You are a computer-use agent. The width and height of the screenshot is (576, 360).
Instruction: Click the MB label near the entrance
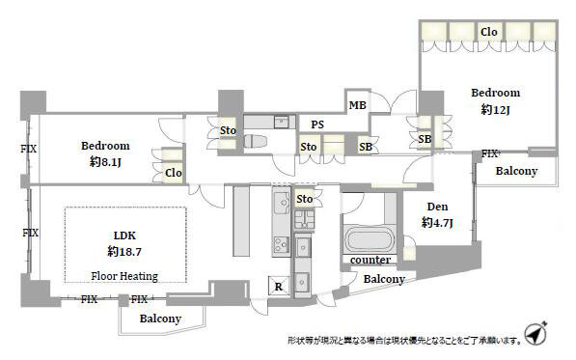pos(357,105)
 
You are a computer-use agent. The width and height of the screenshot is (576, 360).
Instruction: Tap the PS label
pos(317,125)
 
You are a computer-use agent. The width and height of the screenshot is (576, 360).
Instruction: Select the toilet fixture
pos(255,141)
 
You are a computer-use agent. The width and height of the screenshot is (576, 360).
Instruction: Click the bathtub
pos(369,240)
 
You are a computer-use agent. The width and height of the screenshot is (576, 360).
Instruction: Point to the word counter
pos(370,260)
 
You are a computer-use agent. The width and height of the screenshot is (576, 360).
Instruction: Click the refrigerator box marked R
pos(278,286)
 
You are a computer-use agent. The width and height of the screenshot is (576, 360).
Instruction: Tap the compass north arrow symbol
pos(535,333)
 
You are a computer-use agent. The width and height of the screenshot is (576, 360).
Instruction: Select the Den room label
pos(437,207)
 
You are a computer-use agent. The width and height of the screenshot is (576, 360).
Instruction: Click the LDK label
pos(124,235)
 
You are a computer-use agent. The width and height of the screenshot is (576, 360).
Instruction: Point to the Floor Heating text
pos(124,276)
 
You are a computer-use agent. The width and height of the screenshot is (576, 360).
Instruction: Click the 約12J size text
pos(495,109)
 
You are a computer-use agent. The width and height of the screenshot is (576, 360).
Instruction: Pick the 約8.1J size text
pos(105,162)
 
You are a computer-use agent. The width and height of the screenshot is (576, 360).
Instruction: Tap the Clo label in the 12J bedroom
pos(489,32)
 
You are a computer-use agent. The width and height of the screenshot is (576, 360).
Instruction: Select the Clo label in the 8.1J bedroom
pos(174,173)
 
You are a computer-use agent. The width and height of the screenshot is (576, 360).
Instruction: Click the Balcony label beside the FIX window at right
pos(516,171)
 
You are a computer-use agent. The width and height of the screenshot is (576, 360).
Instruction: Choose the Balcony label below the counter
pos(384,279)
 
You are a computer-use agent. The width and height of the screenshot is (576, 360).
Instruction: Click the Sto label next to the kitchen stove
pos(305,199)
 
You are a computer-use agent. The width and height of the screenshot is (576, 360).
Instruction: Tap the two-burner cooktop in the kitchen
pos(282,244)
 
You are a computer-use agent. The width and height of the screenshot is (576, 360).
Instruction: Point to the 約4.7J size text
pos(437,223)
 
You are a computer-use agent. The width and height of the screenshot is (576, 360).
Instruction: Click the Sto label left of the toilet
pos(228,130)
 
